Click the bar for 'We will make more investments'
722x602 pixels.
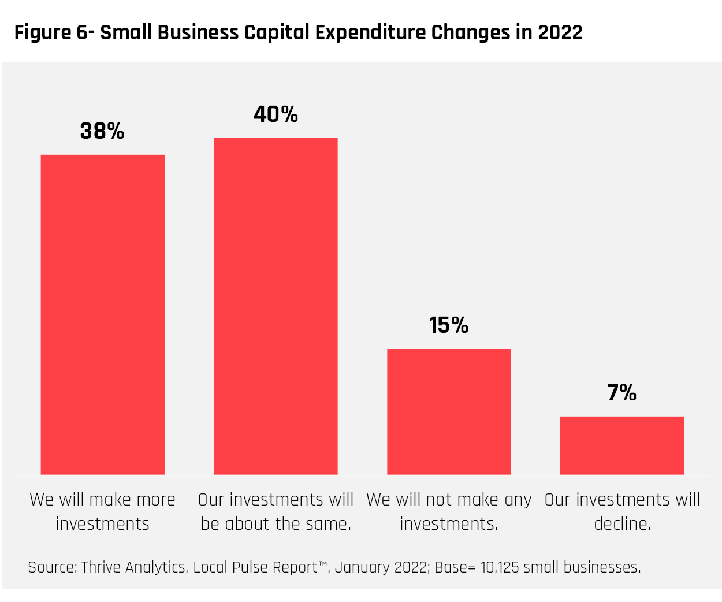coord(102,314)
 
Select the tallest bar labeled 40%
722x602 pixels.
coord(276,306)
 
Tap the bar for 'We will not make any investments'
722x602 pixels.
coord(449,411)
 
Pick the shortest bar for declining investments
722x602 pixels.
coord(622,445)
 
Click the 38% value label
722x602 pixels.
coord(102,131)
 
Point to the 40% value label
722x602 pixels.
coord(276,114)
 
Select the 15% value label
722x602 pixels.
coord(449,325)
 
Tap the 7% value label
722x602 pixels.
coord(622,393)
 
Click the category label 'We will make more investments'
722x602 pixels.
coord(102,511)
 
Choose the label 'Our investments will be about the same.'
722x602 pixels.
coord(276,511)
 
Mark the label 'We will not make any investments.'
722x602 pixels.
coord(449,511)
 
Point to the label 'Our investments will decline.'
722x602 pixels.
coord(622,511)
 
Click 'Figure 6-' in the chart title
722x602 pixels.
coord(54,32)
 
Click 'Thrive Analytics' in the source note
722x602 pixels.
coord(133,567)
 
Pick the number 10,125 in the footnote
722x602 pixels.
coord(500,567)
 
